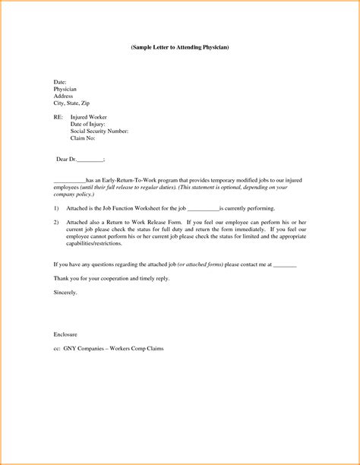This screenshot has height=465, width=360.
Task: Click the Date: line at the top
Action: click(x=60, y=81)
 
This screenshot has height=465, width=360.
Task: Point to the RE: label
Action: click(x=58, y=117)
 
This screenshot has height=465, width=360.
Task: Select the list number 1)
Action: click(x=57, y=207)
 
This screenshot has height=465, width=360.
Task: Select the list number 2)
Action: click(x=57, y=221)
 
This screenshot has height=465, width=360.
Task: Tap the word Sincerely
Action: click(x=67, y=291)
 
